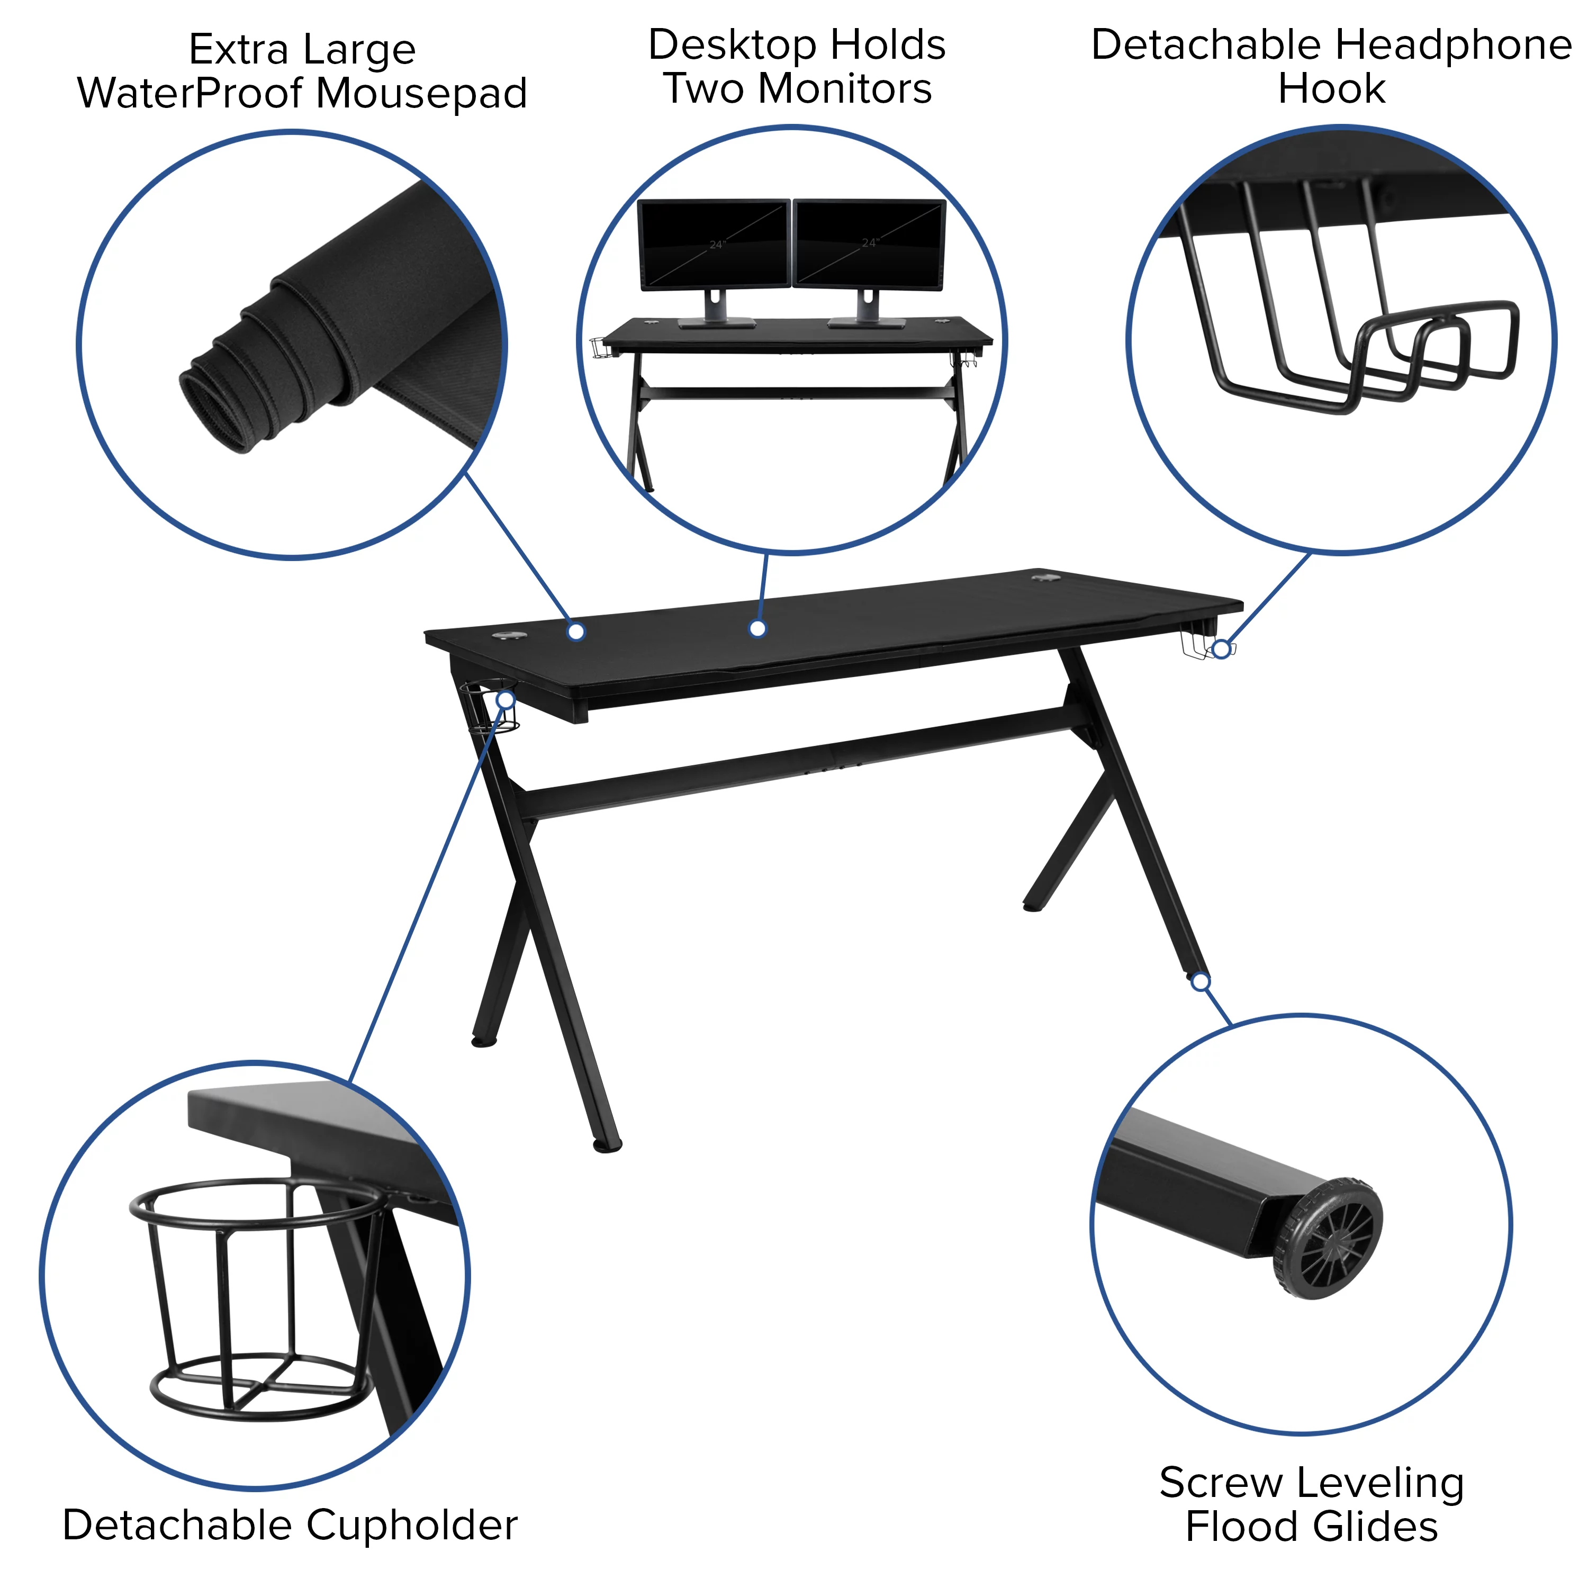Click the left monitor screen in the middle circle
[714, 243]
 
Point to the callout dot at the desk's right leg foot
[1201, 981]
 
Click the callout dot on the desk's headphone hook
[1222, 649]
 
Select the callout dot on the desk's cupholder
[507, 699]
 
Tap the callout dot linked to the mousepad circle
[576, 631]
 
